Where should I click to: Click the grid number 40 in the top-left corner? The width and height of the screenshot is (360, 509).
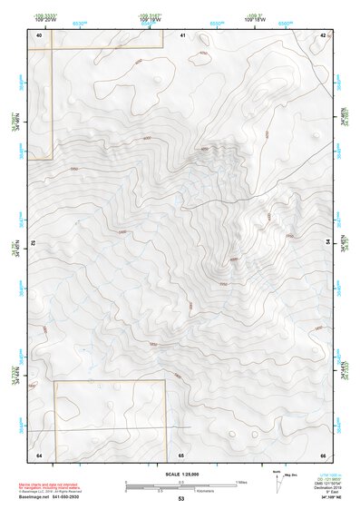pyautogui.click(x=39, y=34)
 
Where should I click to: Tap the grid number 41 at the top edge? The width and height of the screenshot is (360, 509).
pyautogui.click(x=183, y=34)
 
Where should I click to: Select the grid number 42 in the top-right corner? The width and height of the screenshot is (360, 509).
pyautogui.click(x=324, y=34)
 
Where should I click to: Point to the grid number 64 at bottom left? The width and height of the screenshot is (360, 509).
pyautogui.click(x=39, y=454)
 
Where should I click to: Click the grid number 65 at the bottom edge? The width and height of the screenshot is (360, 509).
pyautogui.click(x=181, y=454)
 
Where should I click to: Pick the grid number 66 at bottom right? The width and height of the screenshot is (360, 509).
pyautogui.click(x=324, y=454)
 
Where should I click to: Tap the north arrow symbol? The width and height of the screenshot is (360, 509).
pyautogui.click(x=277, y=482)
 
